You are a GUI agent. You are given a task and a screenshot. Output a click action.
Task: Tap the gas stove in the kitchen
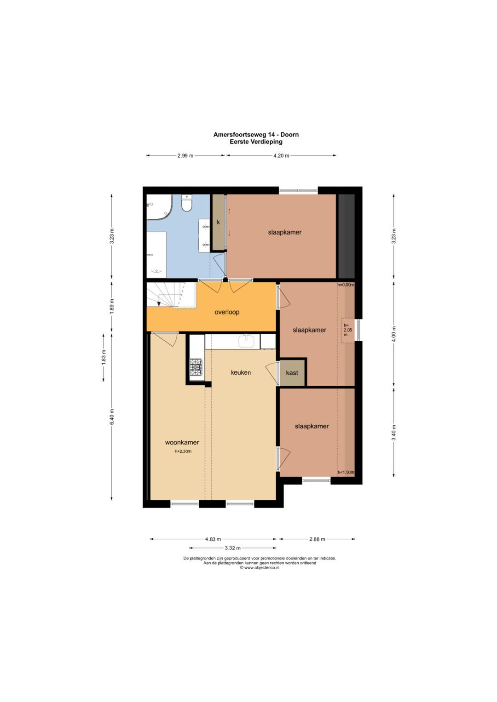tap(196, 367)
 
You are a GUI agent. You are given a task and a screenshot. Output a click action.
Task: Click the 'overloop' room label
tap(227, 312)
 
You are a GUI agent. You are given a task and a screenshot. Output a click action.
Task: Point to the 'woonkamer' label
tap(182, 443)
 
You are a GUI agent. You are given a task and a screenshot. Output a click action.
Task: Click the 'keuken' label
tap(241, 373)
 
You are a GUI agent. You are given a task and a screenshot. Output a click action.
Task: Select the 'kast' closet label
tap(292, 373)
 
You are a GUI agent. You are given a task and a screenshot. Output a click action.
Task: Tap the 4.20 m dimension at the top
tap(281, 155)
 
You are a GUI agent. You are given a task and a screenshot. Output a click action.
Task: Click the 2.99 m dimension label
tap(185, 155)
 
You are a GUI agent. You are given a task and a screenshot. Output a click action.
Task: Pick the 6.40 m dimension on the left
tap(112, 417)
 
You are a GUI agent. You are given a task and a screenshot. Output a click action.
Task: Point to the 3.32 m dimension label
tap(232, 548)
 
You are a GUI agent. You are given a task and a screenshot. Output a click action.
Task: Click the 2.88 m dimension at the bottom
tap(317, 539)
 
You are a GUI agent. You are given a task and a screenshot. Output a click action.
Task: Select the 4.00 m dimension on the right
tap(394, 334)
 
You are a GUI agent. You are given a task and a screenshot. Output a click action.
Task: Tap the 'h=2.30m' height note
tap(183, 451)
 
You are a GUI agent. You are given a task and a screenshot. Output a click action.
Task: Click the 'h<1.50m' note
tap(346, 472)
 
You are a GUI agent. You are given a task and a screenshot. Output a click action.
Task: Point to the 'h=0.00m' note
tap(346, 285)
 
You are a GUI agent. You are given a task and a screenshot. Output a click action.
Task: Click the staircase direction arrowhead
tap(159, 304)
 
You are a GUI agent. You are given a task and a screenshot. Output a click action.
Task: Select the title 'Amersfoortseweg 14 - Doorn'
tap(256, 135)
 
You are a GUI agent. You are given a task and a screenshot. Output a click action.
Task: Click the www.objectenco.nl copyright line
tap(260, 568)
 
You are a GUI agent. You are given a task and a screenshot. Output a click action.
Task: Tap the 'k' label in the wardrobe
tap(219, 223)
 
